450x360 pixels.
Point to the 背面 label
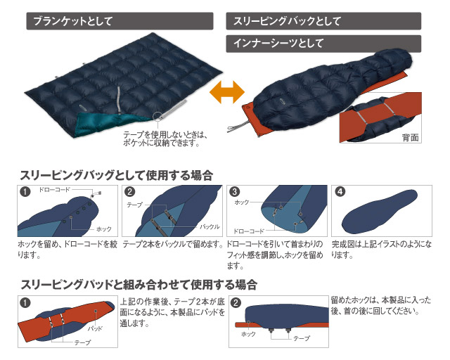pyautogui.click(x=410, y=137)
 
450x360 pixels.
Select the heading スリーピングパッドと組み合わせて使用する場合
pyautogui.click(x=138, y=285)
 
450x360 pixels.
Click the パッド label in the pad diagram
pyautogui.click(x=96, y=328)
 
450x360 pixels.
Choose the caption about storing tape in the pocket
pyautogui.click(x=162, y=139)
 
